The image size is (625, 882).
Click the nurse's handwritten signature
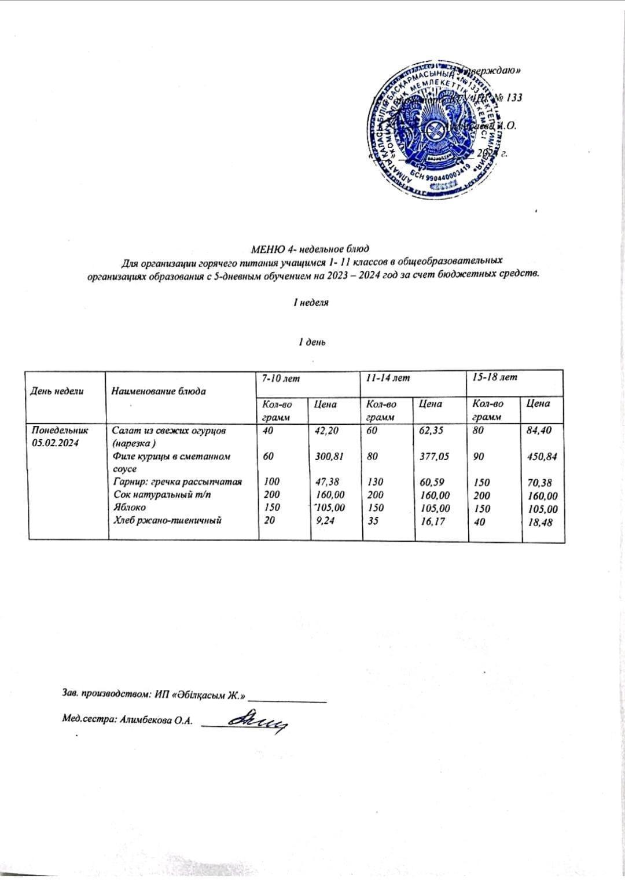258,721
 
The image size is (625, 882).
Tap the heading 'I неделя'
311,302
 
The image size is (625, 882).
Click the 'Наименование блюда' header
158,391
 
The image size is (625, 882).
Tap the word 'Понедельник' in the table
58,431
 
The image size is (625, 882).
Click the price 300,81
330,456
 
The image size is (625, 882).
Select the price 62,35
432,431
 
